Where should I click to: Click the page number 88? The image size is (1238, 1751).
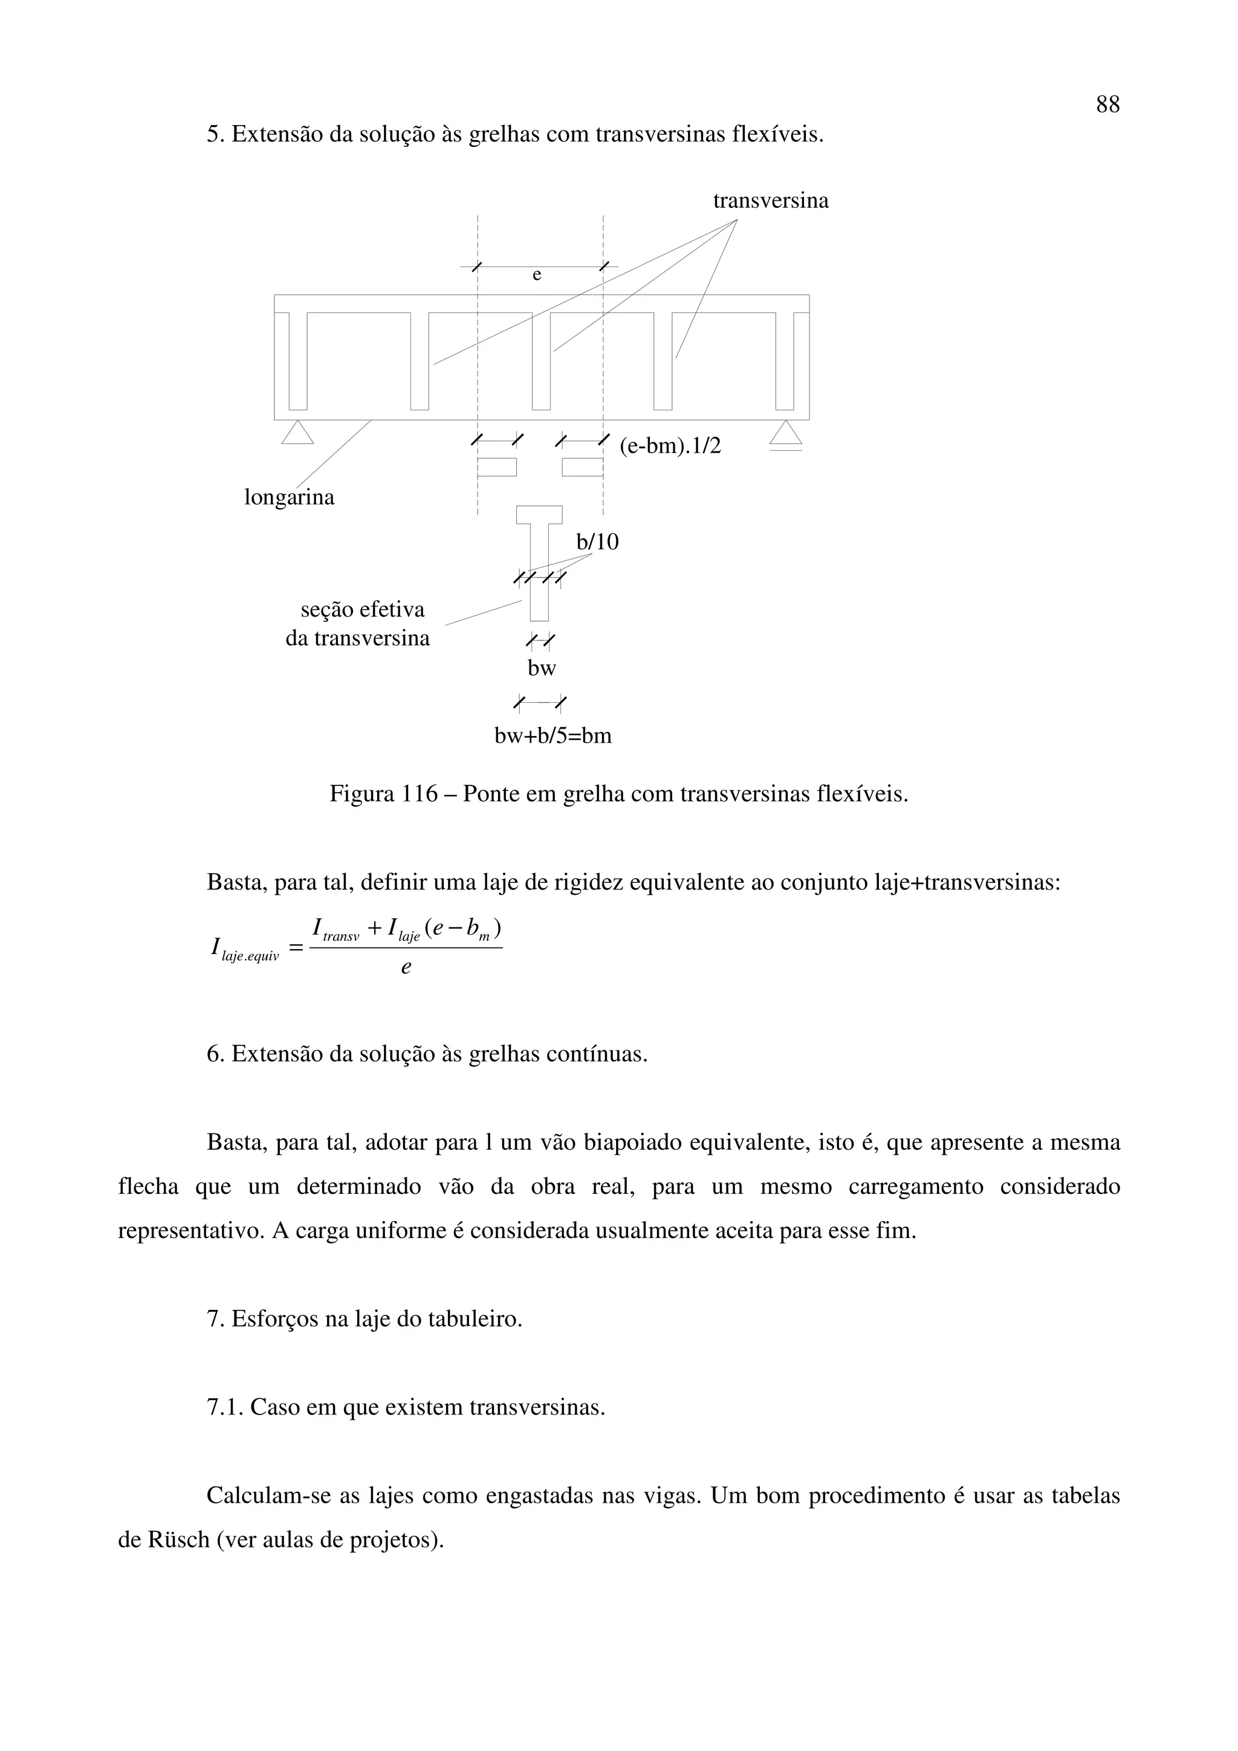(x=1107, y=105)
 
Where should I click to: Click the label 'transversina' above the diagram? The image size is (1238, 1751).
(x=770, y=201)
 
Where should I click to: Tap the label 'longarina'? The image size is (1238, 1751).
(x=289, y=498)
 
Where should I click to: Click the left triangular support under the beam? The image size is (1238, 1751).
(x=297, y=433)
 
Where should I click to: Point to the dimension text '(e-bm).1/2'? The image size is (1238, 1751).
(x=670, y=446)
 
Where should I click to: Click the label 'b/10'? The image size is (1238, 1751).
(x=597, y=542)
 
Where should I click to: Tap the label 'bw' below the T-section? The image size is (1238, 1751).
(x=542, y=669)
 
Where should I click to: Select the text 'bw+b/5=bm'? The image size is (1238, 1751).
(x=553, y=737)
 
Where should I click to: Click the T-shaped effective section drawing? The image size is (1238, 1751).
(x=539, y=561)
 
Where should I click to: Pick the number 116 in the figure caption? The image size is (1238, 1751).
(x=420, y=795)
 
